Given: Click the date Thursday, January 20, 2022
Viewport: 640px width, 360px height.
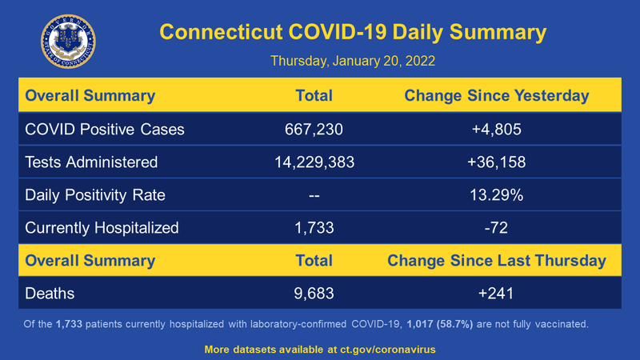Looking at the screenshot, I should (353, 61).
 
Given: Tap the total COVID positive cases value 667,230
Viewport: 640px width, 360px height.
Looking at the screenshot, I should (314, 129).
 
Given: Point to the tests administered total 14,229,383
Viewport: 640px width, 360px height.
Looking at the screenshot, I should (314, 162).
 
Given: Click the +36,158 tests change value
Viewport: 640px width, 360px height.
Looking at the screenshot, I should (496, 162).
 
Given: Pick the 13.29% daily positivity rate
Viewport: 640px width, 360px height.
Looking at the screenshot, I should (496, 194).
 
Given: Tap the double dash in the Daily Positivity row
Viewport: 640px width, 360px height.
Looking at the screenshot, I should (314, 194).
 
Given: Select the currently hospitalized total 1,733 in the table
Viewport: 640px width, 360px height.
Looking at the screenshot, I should (314, 227).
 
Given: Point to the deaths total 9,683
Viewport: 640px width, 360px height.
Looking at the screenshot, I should (314, 294).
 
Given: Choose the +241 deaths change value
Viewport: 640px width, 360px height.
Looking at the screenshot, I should (496, 294).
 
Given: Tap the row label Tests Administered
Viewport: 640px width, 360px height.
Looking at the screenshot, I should (91, 162).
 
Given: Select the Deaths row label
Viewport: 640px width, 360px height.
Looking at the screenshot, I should (50, 294).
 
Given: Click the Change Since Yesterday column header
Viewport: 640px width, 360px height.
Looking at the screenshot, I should (496, 96).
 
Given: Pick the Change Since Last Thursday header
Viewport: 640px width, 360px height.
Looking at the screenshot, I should (496, 261).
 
